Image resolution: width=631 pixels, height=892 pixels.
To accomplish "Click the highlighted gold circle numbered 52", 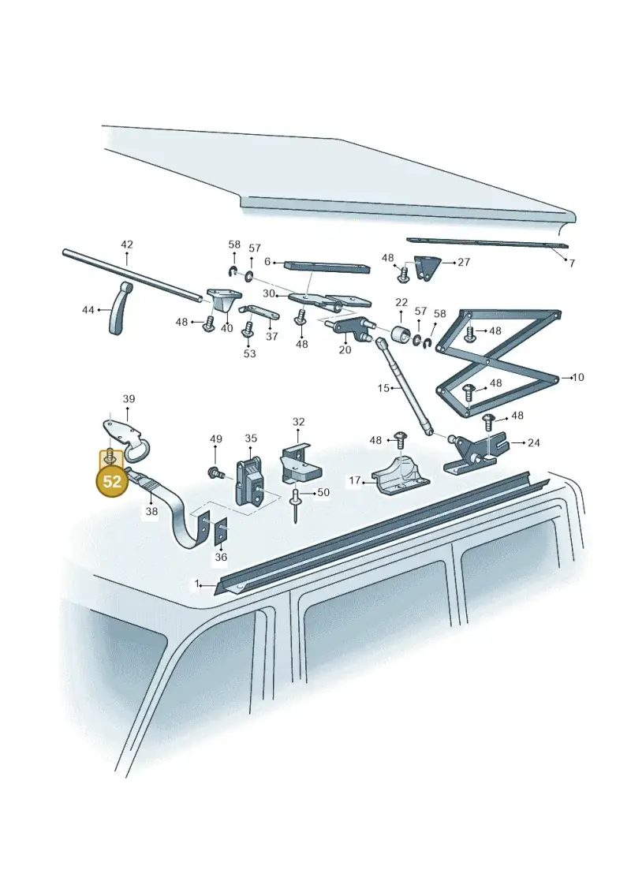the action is [112, 480].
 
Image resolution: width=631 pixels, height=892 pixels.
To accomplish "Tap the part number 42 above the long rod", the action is [127, 244].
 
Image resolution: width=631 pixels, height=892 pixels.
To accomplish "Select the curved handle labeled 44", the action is [120, 308].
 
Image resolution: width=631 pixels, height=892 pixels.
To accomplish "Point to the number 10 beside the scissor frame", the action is [578, 377].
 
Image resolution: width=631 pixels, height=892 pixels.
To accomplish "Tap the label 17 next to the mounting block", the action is [355, 480].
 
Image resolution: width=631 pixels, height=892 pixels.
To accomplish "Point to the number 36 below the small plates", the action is [221, 557].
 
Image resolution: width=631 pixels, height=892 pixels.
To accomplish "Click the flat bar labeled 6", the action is [327, 267].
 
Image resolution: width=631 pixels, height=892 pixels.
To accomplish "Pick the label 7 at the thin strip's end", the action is [572, 263].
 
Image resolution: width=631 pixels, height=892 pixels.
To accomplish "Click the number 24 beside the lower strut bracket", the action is [533, 442].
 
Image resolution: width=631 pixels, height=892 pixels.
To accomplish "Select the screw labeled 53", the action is [248, 330].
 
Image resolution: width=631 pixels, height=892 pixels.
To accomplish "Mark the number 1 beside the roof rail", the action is [197, 584].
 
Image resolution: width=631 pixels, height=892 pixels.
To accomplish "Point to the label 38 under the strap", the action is [151, 511].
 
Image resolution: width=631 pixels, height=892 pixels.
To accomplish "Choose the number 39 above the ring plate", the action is [129, 399].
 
